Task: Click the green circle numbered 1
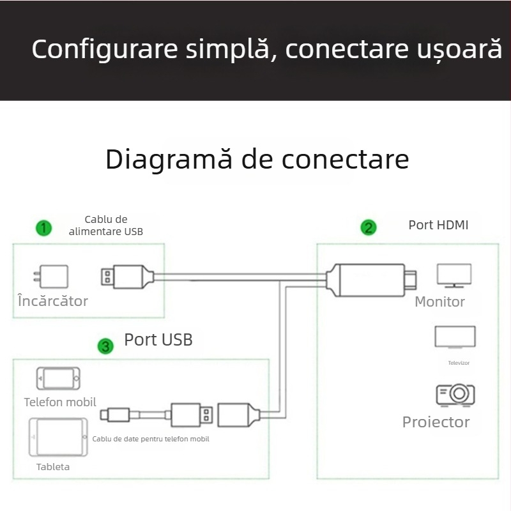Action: pyautogui.click(x=43, y=227)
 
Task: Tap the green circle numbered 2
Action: pyautogui.click(x=369, y=227)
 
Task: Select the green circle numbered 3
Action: pyautogui.click(x=105, y=346)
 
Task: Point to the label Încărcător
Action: pyautogui.click(x=53, y=301)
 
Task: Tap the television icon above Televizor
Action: pyautogui.click(x=455, y=337)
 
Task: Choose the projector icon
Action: pyautogui.click(x=455, y=394)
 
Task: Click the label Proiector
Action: pyautogui.click(x=436, y=422)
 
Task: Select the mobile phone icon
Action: pyautogui.click(x=58, y=379)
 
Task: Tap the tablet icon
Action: pyautogui.click(x=57, y=437)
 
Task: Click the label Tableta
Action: pyautogui.click(x=53, y=467)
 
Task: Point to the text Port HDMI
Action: pyautogui.click(x=438, y=225)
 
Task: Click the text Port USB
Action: pyautogui.click(x=158, y=340)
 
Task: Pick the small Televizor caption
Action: pyautogui.click(x=459, y=363)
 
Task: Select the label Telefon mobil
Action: pyautogui.click(x=60, y=402)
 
